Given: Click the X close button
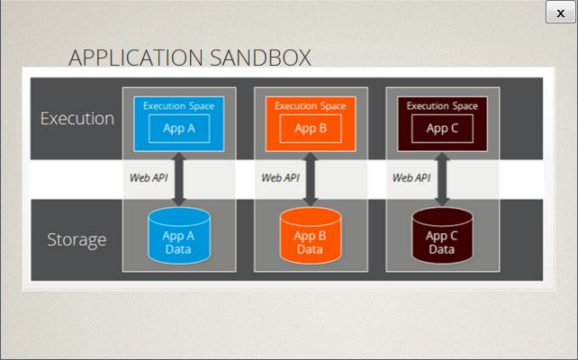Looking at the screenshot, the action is coord(560,13).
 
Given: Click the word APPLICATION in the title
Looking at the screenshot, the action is coord(136,58).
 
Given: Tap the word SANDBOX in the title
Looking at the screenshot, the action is coord(260,58).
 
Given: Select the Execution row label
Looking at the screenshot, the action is coord(77,119).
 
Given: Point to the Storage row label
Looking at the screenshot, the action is coord(77,240).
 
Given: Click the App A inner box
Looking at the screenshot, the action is coord(179,129).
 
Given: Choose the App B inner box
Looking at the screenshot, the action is coord(311,129).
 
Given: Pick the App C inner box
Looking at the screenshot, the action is coord(442,129).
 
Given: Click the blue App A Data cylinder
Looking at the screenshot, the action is coord(179,236).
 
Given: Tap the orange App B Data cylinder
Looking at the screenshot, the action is coord(311,236).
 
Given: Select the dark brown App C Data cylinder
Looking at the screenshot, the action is coord(442,236).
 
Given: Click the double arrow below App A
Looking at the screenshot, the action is coord(179,179).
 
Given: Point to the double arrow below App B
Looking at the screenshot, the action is coord(311,179).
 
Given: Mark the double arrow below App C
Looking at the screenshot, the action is coord(442,179).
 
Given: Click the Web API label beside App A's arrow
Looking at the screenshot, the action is coord(149,178).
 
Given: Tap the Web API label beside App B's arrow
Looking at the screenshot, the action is coord(280,178).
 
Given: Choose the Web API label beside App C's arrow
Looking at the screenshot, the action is coord(411,178).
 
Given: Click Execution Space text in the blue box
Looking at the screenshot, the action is coord(179,106).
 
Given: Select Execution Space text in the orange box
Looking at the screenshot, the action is coord(311,106).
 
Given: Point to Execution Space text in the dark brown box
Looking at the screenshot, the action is coord(442,106).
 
